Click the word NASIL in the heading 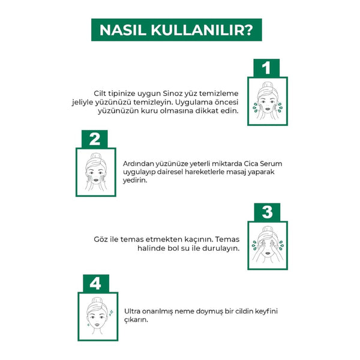point(123,30)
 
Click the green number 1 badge point(266,68)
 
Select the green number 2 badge point(95,139)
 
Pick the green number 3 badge point(267,212)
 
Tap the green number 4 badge point(96,283)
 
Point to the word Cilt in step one point(100,94)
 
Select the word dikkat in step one point(207,110)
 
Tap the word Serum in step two point(271,164)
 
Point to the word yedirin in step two point(135,181)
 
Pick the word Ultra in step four point(132,311)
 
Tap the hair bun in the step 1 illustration point(267,85)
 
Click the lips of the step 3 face point(268,253)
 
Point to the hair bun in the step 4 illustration point(97,301)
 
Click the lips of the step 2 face point(96,181)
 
